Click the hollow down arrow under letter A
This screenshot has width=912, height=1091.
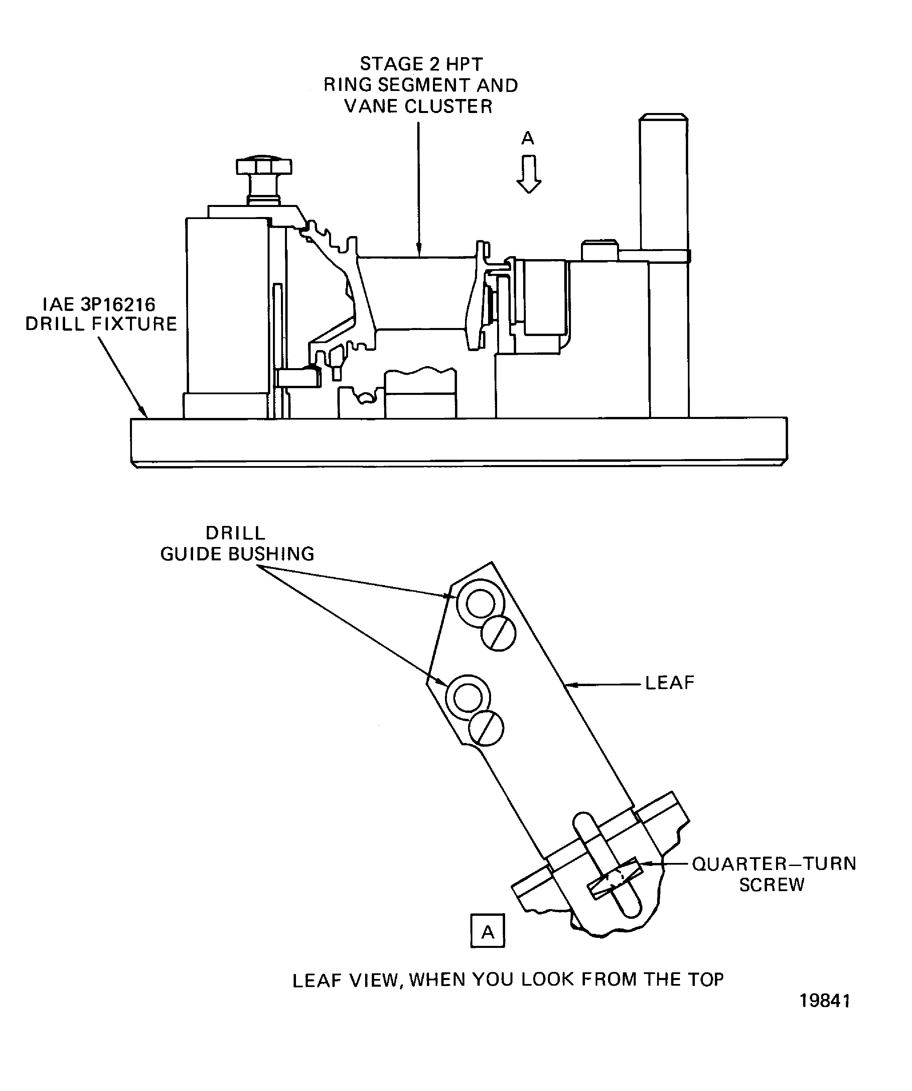tap(528, 175)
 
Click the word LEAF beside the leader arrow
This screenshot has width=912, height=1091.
tap(669, 683)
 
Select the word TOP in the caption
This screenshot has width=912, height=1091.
tap(706, 979)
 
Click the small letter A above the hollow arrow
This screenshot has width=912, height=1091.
tap(527, 138)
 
